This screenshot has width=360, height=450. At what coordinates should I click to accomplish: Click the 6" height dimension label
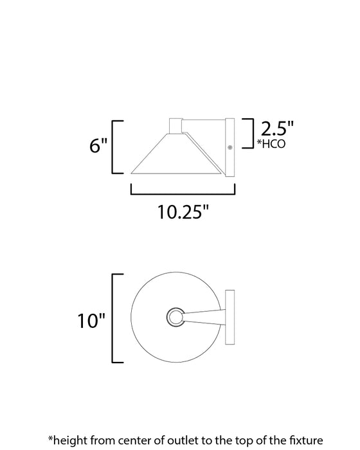pos(98,146)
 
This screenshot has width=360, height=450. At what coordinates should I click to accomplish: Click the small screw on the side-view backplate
pos(230,148)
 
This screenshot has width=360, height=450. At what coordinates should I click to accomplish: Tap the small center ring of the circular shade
pos(175,317)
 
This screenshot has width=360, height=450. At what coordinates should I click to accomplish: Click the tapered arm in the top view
pos(203,317)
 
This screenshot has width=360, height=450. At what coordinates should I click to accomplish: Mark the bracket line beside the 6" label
pos(116,146)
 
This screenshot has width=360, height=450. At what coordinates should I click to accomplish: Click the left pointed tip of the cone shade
pos(132,172)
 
